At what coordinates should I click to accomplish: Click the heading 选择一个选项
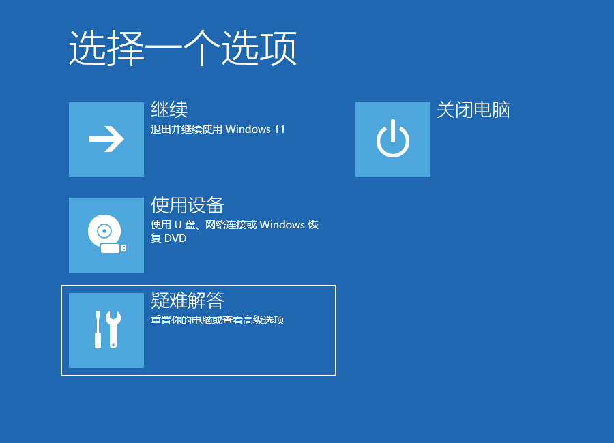(x=182, y=48)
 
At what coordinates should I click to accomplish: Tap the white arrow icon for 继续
(x=106, y=139)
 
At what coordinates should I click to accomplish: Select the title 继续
(x=169, y=110)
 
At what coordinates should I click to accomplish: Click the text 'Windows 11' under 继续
(x=255, y=129)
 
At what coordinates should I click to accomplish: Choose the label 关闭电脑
(x=473, y=110)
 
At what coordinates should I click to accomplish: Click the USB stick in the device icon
(x=113, y=248)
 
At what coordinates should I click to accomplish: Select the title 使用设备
(x=187, y=205)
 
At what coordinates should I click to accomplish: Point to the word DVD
(x=175, y=239)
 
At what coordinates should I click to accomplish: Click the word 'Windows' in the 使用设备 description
(x=282, y=225)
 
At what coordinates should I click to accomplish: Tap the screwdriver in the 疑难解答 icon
(x=98, y=329)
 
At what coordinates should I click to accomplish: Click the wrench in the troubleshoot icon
(x=113, y=329)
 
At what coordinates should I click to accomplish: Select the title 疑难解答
(x=187, y=301)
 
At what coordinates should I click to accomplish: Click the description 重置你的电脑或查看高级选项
(x=218, y=320)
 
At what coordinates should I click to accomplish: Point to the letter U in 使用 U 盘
(x=178, y=225)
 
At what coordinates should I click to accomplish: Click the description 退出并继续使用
(x=186, y=129)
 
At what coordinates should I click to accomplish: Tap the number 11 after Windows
(x=280, y=129)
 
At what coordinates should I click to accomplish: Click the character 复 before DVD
(x=156, y=238)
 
